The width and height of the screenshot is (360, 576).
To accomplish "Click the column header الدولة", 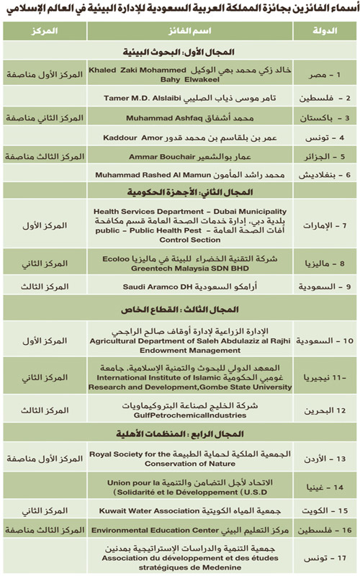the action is tap(327, 34).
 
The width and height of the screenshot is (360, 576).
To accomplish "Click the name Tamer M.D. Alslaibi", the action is tap(136, 97).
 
